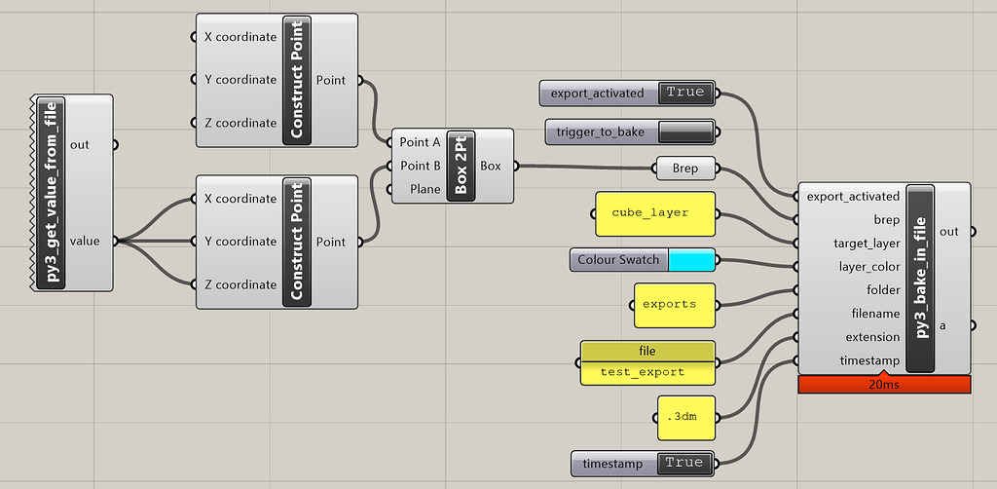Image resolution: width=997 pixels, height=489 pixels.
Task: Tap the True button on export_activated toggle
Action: point(685,93)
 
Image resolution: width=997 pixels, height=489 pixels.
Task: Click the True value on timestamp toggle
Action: point(684,463)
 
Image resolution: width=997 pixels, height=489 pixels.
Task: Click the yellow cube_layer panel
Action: point(649,213)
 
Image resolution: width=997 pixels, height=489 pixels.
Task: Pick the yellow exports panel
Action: point(669,305)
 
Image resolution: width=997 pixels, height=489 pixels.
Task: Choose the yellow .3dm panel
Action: point(684,418)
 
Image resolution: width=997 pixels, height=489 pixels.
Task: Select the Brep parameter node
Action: point(684,169)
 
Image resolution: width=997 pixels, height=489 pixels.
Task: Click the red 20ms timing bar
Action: point(884,385)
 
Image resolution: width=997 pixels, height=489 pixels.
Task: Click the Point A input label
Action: point(420,142)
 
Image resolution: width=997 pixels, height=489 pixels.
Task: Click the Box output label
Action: point(491,166)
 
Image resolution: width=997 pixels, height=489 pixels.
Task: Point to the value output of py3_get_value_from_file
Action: point(85,241)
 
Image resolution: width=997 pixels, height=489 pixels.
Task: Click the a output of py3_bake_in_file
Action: point(942,325)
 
